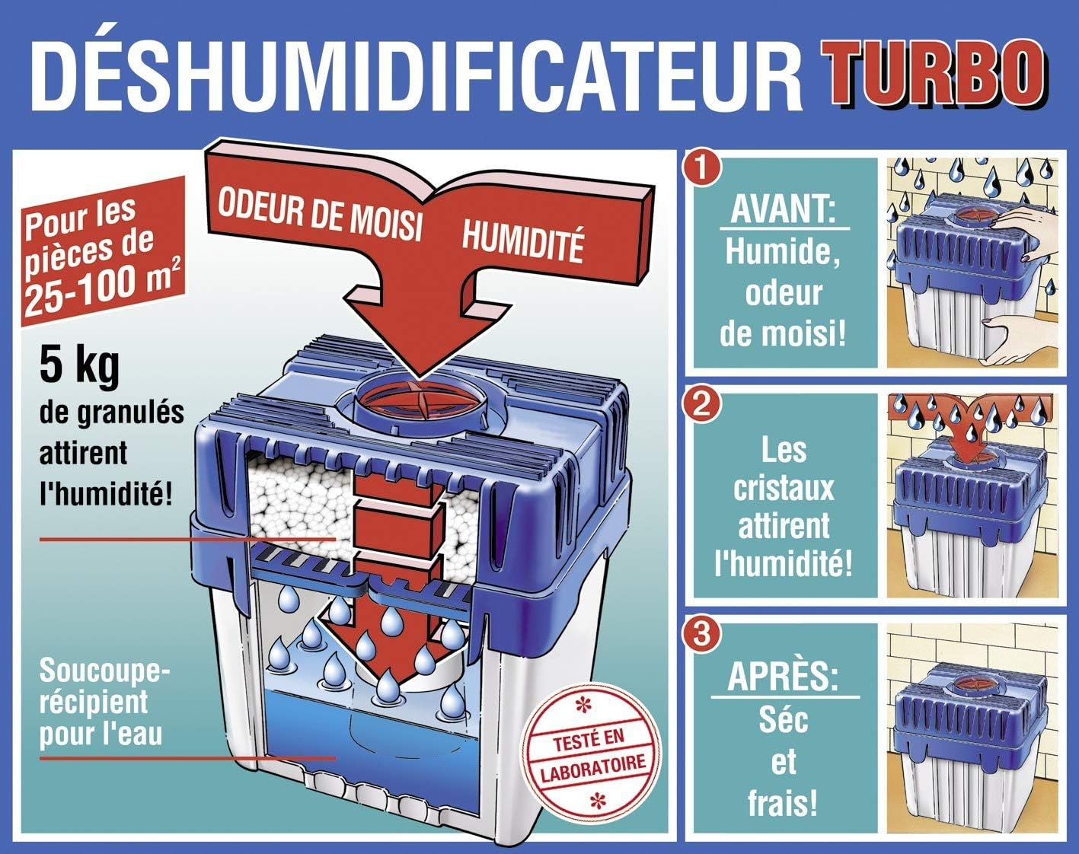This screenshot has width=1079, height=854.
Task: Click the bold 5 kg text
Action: point(79,366)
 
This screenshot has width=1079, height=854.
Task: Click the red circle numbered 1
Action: point(702,169)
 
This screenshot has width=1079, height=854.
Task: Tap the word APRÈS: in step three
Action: point(784,677)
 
